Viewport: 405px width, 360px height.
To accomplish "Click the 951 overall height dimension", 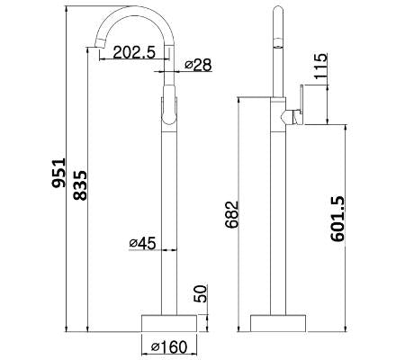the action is (x=58, y=173).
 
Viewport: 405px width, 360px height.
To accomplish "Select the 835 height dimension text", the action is (x=80, y=185).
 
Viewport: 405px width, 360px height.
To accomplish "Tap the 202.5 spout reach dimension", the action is (x=134, y=52).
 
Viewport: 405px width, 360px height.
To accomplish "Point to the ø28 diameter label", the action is (x=198, y=65).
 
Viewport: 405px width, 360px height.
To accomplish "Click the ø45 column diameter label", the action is (x=142, y=243).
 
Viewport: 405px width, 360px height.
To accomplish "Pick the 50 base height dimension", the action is (x=201, y=293).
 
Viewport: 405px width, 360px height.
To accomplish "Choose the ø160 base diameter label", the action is (x=169, y=347).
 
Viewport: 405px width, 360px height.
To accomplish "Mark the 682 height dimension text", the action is (x=232, y=214).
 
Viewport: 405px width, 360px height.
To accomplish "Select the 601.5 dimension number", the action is (x=338, y=219).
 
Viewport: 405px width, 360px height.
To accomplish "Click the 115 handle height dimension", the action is (x=320, y=66).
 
